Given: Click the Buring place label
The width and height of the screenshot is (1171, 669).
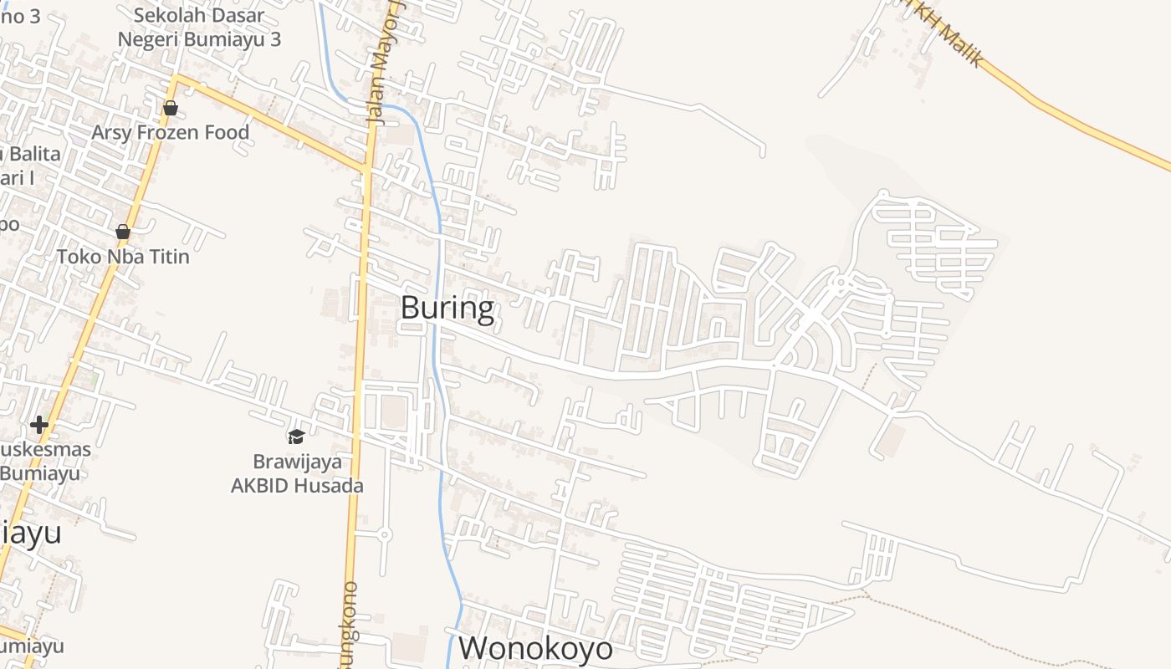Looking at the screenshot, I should (x=447, y=309).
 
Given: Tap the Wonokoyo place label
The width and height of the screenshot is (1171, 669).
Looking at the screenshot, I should (x=535, y=648).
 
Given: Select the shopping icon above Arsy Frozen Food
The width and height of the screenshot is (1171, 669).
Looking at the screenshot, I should (x=171, y=108).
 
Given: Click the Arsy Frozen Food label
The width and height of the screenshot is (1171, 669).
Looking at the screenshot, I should (x=170, y=132).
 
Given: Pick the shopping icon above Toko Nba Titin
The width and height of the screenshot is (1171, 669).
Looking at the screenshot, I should (x=123, y=232).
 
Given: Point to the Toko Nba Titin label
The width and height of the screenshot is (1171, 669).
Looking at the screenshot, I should (x=123, y=256).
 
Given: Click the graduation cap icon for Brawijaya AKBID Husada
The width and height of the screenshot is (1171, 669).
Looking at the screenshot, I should (x=296, y=437).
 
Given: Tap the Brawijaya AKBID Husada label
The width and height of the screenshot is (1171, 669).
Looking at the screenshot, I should (x=297, y=473).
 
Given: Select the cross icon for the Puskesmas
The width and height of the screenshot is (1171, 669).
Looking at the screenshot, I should (x=38, y=425).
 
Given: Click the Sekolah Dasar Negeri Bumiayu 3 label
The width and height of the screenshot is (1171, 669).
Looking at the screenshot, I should (x=199, y=27).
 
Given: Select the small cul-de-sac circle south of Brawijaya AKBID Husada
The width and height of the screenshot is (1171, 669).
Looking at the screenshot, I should (x=385, y=533).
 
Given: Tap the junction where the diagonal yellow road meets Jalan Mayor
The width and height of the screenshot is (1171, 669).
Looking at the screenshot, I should (x=366, y=170).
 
